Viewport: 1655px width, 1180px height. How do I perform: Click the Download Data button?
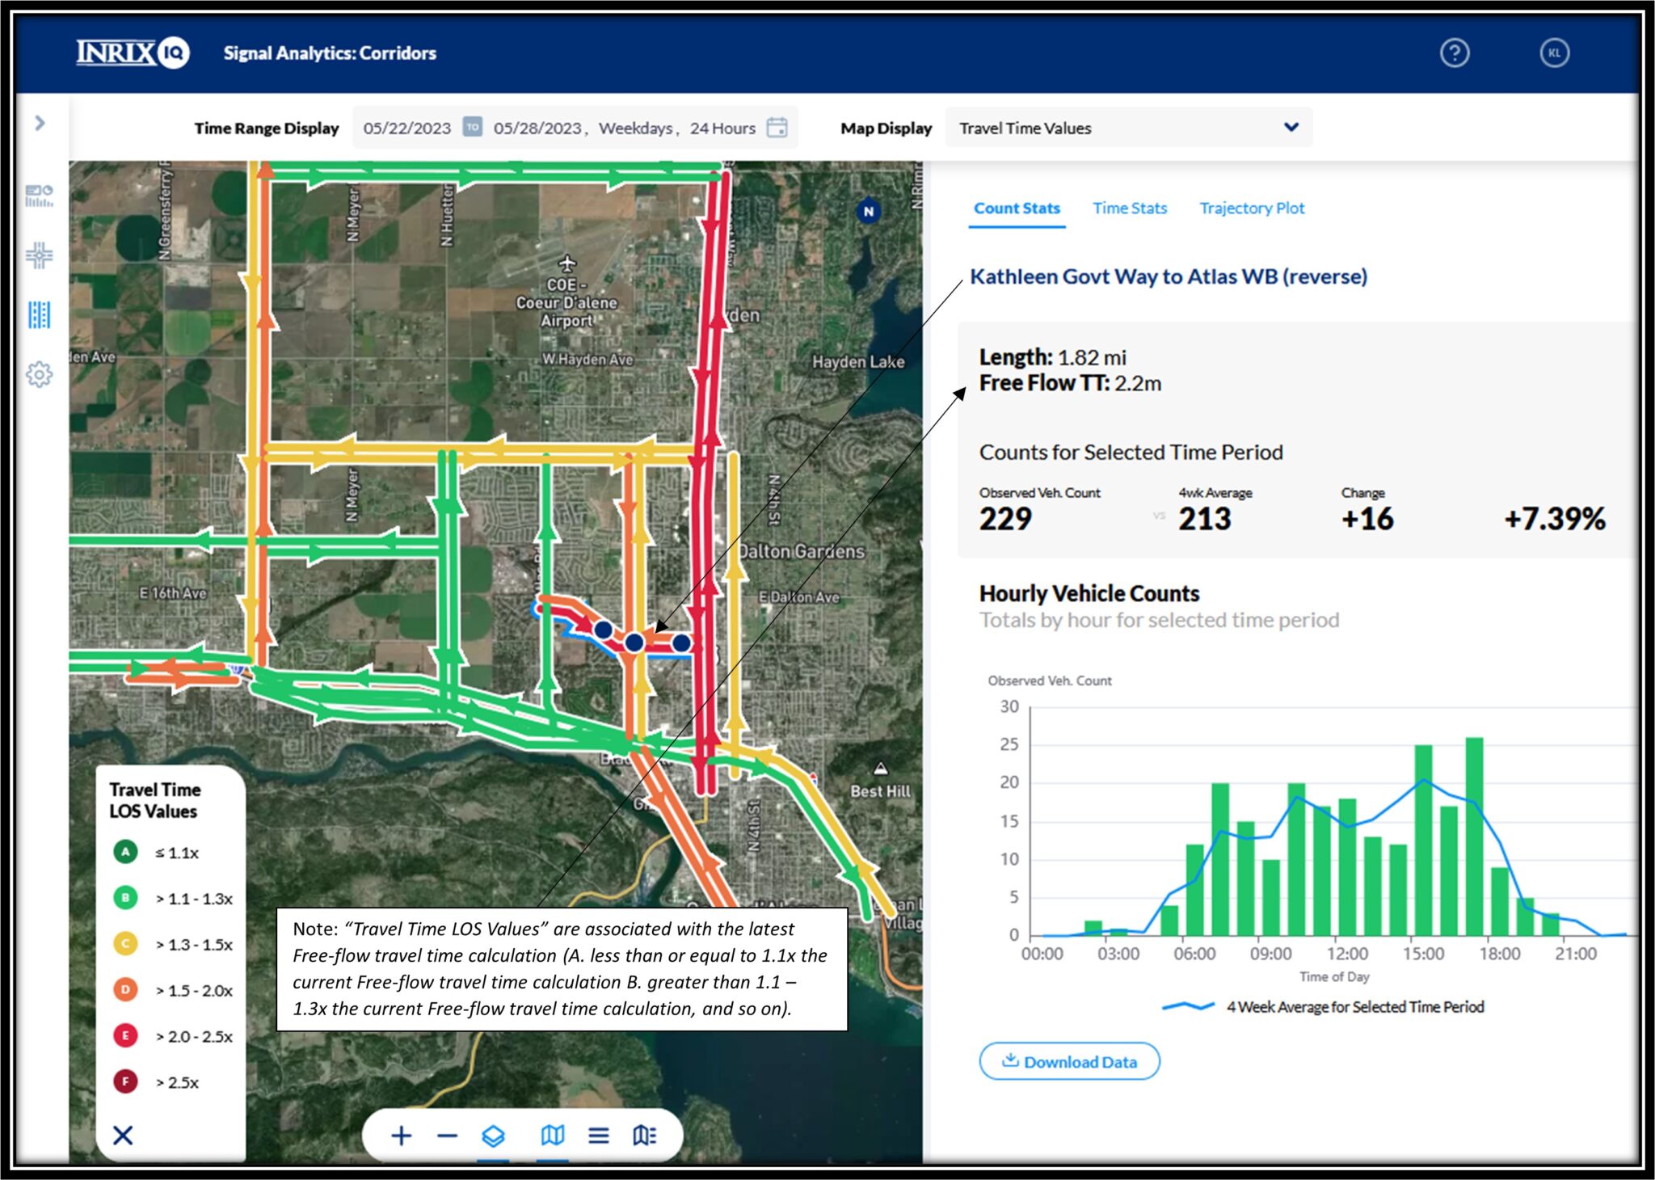point(1069,1061)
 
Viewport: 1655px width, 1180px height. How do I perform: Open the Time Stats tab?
point(1129,209)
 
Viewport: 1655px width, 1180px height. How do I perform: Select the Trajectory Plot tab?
point(1251,209)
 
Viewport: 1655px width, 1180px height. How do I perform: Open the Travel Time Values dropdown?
point(1128,128)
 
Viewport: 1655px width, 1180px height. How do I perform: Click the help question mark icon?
point(1454,53)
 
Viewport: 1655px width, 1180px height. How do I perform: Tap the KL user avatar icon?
point(1553,53)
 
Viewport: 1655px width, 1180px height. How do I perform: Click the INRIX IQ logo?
point(133,53)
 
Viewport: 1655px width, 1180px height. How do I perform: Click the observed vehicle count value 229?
point(1004,519)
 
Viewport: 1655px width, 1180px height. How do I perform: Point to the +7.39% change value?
point(1553,519)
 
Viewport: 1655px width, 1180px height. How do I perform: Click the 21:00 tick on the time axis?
point(1574,954)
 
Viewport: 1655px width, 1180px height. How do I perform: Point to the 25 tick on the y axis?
point(1009,744)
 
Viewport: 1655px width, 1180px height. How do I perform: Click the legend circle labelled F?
point(125,1081)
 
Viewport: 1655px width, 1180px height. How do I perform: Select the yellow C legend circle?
point(125,944)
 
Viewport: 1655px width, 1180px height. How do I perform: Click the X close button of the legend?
point(123,1136)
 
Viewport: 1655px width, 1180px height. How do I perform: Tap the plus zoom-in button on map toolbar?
point(401,1136)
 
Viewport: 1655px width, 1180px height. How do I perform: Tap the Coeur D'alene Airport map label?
point(566,303)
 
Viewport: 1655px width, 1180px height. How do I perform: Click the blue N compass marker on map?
point(868,212)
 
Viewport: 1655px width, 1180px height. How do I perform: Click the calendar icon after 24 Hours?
point(777,128)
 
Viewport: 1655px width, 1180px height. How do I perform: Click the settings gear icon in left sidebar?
point(39,374)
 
